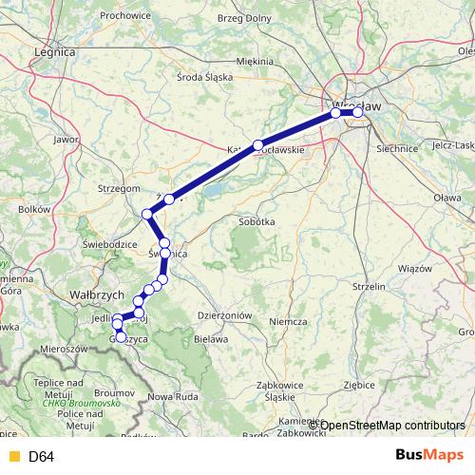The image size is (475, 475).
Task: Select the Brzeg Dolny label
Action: coord(244,19)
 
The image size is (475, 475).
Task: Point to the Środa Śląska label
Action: coord(205,77)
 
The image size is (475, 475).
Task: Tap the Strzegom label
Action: coord(119,189)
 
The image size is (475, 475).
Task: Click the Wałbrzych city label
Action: coord(93,294)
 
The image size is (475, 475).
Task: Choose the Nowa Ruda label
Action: coord(172,395)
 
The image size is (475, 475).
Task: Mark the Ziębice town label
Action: coord(360,386)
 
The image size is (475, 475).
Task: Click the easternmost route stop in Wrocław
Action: coord(358,113)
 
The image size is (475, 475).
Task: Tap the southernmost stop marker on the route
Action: coord(121,336)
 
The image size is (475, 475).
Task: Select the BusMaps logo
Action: coord(428,456)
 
